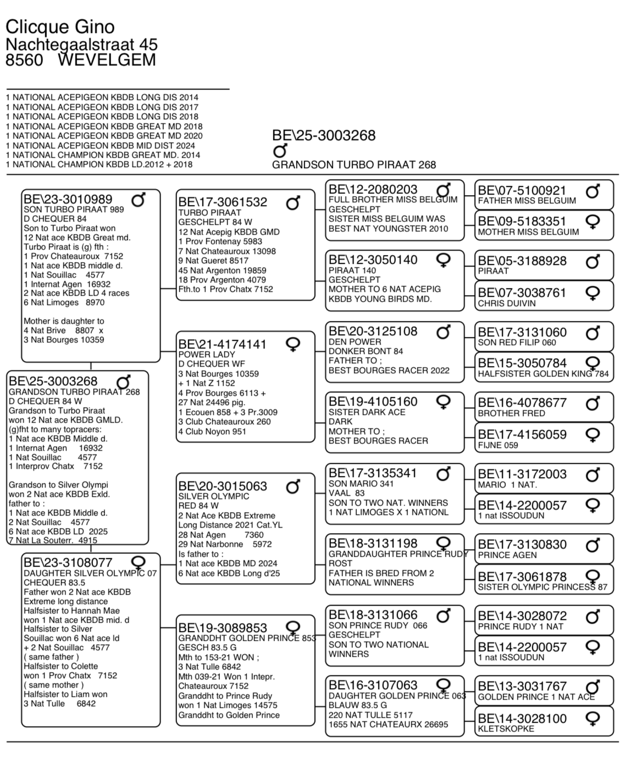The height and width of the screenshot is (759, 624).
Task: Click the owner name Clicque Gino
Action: (60, 26)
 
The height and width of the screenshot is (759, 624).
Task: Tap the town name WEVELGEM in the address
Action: (107, 60)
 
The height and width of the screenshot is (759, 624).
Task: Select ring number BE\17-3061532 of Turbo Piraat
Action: (223, 202)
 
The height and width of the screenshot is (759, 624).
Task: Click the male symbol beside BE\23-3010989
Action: (138, 200)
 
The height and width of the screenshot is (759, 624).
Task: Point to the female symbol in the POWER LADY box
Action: (293, 345)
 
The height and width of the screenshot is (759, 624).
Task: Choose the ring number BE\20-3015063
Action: (223, 486)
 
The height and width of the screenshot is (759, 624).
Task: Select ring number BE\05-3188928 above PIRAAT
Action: (522, 261)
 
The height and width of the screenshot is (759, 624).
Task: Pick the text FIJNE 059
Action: (498, 445)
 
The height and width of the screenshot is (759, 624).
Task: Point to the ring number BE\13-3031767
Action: (522, 686)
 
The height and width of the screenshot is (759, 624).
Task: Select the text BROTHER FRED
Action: (511, 413)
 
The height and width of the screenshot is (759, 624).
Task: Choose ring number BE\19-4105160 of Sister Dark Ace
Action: (373, 402)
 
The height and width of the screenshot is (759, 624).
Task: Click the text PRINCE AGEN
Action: (507, 555)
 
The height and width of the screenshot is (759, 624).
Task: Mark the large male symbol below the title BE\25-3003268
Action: (280, 151)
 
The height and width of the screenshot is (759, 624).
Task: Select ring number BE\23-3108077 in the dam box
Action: (68, 562)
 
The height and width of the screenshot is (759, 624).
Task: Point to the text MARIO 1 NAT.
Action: (507, 485)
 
